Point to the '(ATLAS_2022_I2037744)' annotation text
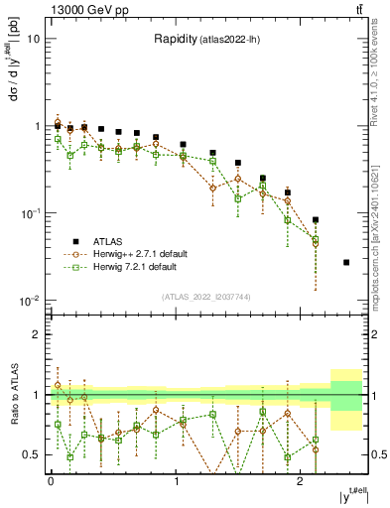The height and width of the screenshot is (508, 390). (206, 297)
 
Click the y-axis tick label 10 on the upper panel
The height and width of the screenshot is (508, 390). (33, 40)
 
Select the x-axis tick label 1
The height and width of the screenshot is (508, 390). (176, 481)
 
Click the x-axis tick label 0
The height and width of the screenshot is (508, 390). (51, 481)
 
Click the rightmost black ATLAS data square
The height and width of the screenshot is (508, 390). (346, 262)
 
